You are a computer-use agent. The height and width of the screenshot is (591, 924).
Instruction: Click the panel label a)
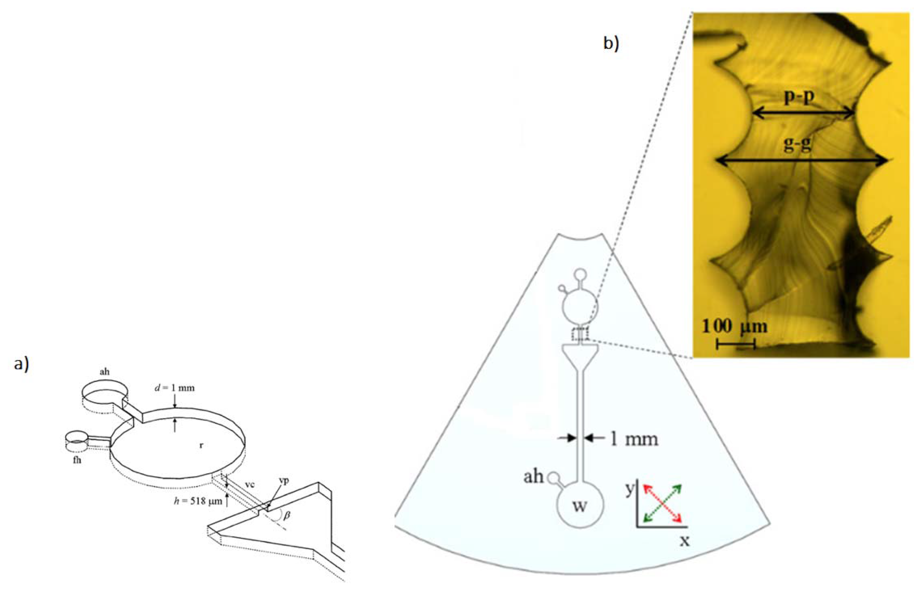click(21, 364)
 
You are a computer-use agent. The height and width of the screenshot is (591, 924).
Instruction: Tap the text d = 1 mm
click(175, 388)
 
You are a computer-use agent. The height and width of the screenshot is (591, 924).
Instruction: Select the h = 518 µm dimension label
click(198, 501)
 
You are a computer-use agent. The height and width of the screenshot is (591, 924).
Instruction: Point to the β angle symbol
click(286, 515)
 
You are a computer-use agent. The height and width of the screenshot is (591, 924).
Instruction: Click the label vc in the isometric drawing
click(250, 484)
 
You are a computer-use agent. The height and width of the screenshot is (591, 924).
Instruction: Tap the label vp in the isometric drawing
click(284, 480)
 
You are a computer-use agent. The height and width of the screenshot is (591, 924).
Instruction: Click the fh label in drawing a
click(77, 460)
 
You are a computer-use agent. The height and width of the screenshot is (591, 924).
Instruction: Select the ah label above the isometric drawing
click(104, 371)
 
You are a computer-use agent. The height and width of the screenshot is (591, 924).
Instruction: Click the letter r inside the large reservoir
click(201, 446)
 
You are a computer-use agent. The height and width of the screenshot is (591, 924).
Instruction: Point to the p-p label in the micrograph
click(799, 97)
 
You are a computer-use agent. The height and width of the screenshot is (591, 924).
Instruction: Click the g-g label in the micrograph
click(798, 145)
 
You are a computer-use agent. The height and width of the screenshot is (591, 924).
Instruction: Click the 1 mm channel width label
click(634, 439)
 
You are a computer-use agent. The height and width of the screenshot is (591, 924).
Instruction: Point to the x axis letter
click(684, 541)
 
